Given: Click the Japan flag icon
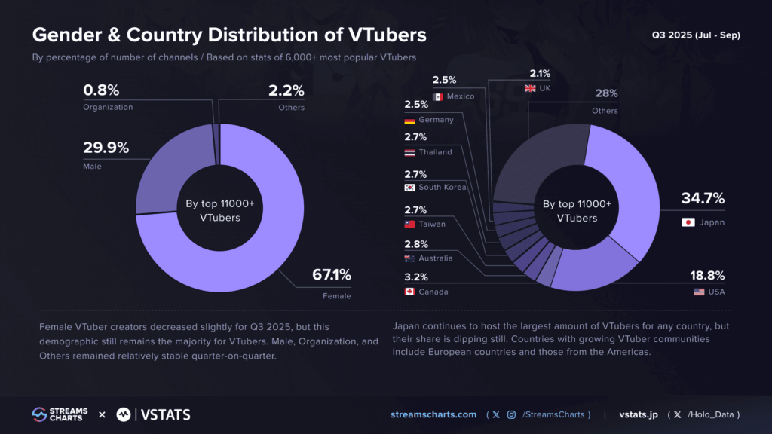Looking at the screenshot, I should pos(688,222).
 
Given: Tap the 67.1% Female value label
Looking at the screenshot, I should pos(332,275).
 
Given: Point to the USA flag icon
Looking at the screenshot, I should pos(699,292).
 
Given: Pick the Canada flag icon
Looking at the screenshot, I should pos(410,291).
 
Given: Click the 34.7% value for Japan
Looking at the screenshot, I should pos(703,199).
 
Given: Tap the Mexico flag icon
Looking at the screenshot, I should pos(438,96).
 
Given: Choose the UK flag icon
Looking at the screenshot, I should pos(531,89).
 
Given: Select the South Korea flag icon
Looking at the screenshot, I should pos(410,188).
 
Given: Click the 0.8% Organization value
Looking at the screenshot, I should pos(101,90).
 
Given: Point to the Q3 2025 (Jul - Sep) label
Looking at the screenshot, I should pos(696,35).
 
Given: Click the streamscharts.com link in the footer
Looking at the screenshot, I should pos(433,414).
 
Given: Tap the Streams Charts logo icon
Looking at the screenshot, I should pos(39,414).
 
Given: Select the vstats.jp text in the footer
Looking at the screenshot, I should pos(639,414).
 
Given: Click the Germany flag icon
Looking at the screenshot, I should pos(410,121).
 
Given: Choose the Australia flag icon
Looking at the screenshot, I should pos(410,258).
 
